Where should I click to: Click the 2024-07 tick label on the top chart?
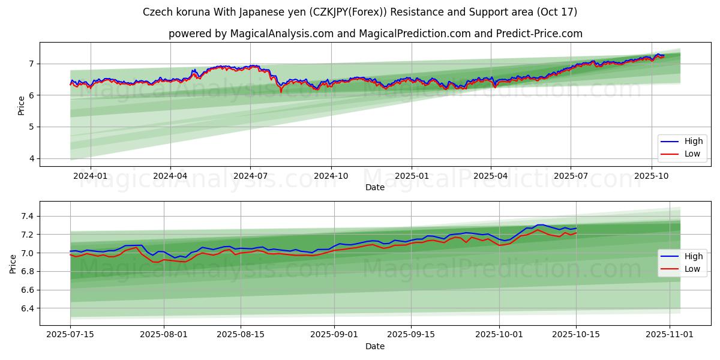[250, 176]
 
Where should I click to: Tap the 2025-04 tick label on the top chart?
[491, 176]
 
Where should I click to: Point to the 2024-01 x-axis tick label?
[91, 176]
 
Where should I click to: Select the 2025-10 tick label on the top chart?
[652, 176]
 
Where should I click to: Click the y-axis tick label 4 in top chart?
[31, 159]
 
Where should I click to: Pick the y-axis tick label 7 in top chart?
[31, 64]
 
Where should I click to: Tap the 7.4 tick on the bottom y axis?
[26, 216]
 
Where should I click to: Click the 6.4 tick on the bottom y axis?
[26, 308]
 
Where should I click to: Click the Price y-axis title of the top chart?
[21, 104]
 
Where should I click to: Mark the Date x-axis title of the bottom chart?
[375, 346]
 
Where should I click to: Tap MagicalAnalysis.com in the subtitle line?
[282, 34]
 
